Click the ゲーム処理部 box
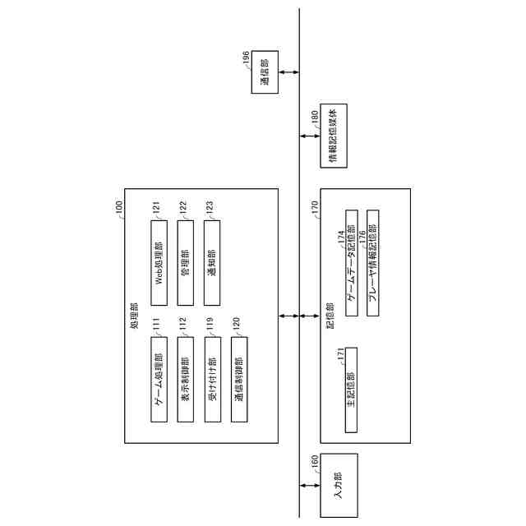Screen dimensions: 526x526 point(159,384)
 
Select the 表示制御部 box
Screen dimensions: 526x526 point(185,384)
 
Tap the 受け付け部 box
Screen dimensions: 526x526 point(211,384)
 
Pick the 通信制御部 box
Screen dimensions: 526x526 point(238,384)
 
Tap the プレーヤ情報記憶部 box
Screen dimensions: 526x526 point(372,259)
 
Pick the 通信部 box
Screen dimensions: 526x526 point(265,72)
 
